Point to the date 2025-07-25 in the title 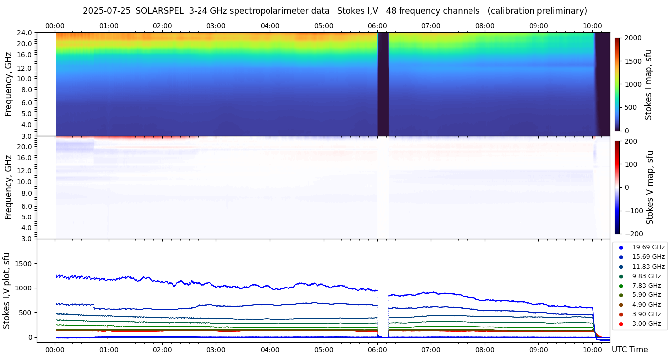click(x=106, y=11)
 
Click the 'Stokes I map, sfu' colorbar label click(x=648, y=84)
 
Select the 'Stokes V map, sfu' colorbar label click(x=650, y=188)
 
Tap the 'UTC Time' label click(x=629, y=350)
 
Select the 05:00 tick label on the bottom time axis click(x=324, y=350)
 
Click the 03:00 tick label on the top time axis click(x=216, y=26)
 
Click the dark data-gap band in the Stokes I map click(x=383, y=84)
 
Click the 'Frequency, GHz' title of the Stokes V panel click(x=8, y=188)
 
